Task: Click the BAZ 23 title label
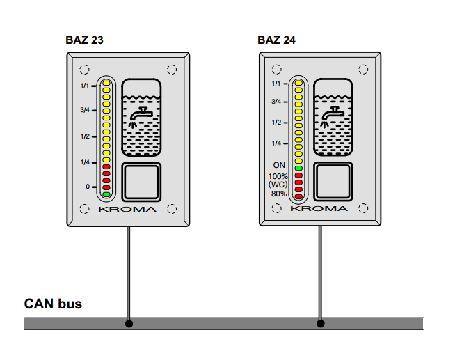(x=84, y=40)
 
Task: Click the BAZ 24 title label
(x=277, y=40)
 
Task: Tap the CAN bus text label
(x=53, y=304)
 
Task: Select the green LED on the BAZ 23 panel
(x=106, y=195)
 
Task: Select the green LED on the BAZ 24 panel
(x=298, y=169)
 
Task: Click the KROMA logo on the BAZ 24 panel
(x=319, y=208)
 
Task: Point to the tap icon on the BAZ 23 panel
(x=142, y=114)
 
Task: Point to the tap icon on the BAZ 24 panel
(x=333, y=114)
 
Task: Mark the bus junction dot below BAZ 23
(x=129, y=324)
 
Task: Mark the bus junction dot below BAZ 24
(x=321, y=324)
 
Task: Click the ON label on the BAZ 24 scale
(x=279, y=165)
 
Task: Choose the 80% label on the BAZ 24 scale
(x=279, y=194)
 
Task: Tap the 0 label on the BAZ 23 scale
(x=88, y=187)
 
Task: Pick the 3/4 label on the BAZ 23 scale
(x=85, y=110)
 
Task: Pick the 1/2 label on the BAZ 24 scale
(x=277, y=123)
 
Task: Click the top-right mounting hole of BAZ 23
(x=172, y=70)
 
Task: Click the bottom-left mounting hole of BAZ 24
(x=276, y=208)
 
